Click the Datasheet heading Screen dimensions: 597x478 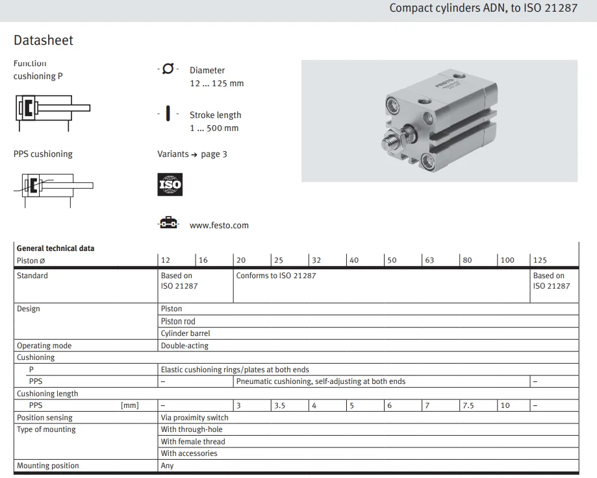point(44,40)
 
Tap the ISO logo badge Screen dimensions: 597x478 point(170,185)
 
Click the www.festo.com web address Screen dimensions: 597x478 point(219,226)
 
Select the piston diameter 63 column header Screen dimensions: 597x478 point(429,260)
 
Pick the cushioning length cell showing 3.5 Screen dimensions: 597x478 point(280,406)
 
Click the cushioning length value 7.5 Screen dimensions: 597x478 point(468,406)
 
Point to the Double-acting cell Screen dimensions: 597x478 point(184,346)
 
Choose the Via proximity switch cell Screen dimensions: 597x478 point(195,418)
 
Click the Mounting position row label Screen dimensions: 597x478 point(48,466)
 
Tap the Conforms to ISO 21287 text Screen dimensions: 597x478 point(276,276)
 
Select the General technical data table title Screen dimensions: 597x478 point(55,248)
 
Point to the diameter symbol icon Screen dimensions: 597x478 point(168,69)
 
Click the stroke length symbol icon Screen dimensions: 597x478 point(168,114)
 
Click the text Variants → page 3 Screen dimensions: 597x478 point(192,154)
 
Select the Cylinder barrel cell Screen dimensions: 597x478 point(185,333)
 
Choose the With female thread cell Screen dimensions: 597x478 point(193,442)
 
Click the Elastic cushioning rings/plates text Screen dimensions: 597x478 point(235,370)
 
